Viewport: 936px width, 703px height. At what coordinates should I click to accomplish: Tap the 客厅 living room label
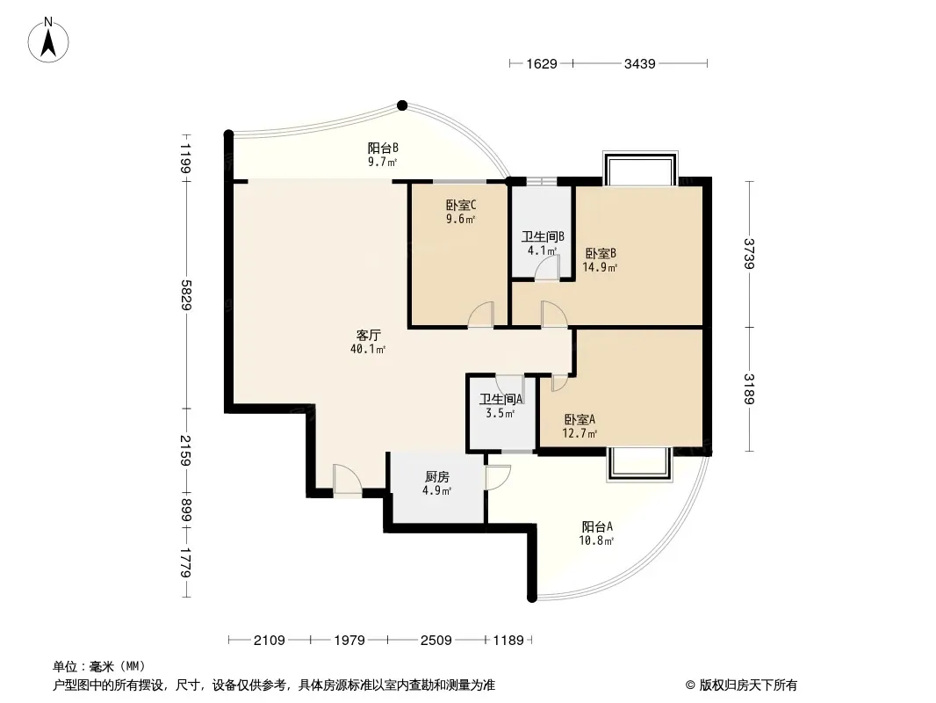(368, 335)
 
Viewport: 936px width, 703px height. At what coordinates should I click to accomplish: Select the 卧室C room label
(461, 205)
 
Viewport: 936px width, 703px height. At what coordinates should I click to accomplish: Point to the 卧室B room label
(600, 253)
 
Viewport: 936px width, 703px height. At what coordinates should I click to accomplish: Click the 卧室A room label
(580, 419)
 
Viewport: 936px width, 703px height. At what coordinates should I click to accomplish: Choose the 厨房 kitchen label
(437, 476)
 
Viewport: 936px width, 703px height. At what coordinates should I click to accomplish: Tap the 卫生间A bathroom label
(500, 399)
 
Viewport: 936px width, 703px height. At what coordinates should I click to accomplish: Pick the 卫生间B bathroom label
(543, 236)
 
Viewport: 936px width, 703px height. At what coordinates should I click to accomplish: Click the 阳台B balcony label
(383, 148)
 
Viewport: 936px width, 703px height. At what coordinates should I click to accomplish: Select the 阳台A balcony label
(597, 526)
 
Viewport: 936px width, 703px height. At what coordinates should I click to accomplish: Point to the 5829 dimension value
(186, 295)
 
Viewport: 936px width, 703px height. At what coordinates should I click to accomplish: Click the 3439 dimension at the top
(639, 63)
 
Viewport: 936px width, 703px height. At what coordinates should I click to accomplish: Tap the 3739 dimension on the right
(749, 254)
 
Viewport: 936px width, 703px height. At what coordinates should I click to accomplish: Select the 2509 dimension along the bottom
(436, 641)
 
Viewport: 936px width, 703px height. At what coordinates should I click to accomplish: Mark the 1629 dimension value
(542, 63)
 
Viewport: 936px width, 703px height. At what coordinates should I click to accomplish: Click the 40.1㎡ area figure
(368, 349)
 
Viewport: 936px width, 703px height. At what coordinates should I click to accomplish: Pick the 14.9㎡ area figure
(600, 267)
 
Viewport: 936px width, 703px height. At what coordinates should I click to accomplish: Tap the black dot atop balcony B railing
(402, 105)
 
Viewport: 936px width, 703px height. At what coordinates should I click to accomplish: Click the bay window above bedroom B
(640, 168)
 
